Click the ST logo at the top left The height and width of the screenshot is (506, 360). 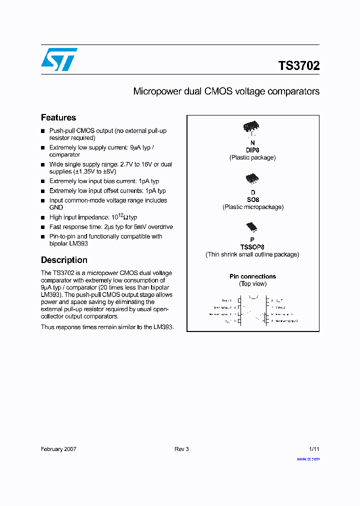(59, 59)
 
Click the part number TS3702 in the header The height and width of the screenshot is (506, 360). (298, 65)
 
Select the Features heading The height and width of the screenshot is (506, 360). (58, 117)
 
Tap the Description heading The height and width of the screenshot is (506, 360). (64, 260)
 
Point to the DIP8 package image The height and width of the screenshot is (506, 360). (252, 128)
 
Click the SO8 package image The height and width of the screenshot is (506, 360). (252, 178)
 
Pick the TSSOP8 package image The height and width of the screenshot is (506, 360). (252, 227)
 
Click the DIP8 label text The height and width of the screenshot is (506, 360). (252, 150)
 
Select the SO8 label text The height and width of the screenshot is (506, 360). (252, 199)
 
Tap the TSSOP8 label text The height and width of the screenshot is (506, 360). (252, 247)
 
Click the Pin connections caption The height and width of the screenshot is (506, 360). (252, 276)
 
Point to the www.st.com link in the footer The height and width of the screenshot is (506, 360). (308, 458)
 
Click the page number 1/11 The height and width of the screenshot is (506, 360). (314, 449)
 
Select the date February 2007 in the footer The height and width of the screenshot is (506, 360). (58, 449)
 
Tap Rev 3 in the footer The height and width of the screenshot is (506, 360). (181, 449)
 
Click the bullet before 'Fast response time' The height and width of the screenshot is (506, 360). (43, 227)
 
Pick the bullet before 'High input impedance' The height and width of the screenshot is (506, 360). (43, 217)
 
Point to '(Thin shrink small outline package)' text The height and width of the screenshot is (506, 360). (252, 254)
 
